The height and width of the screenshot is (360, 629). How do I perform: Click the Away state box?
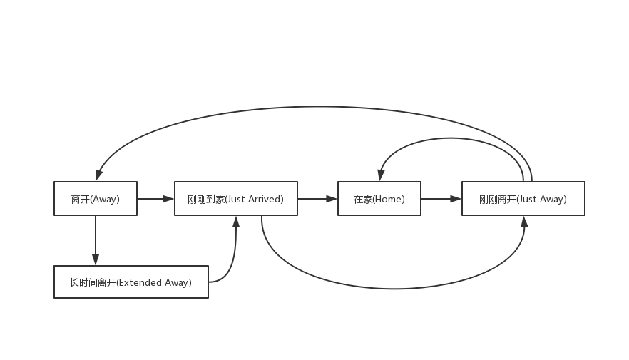96,199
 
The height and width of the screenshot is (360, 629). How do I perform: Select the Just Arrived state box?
236,199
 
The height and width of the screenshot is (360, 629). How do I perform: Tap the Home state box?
379,199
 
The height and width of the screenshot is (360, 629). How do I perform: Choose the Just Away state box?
523,199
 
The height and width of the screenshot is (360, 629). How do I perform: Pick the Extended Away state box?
131,282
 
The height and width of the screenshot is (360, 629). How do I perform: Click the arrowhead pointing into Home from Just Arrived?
332,199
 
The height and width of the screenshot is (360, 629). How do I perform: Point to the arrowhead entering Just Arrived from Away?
168,199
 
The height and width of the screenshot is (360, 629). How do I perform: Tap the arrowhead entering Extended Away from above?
96,259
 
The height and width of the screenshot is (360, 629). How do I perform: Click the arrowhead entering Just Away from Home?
456,199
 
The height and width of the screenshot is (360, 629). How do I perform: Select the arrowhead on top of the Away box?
98,175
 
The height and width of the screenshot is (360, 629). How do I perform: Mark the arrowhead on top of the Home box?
381,175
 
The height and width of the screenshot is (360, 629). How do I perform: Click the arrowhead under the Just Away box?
524,222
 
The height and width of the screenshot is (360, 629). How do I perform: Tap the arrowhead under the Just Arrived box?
236,222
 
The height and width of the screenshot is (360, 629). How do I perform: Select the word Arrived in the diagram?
265,199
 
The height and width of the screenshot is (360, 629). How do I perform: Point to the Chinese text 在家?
362,199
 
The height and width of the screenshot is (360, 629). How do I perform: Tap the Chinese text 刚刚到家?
205,199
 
